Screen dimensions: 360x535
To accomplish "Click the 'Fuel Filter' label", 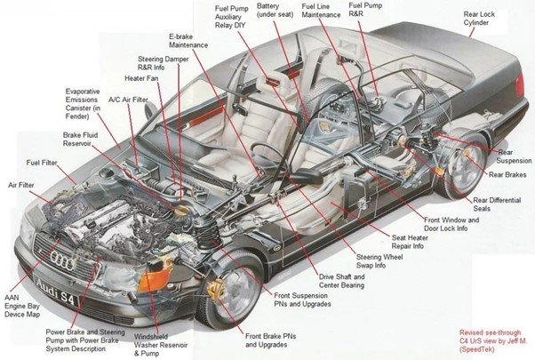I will pyautogui.click(x=43, y=163).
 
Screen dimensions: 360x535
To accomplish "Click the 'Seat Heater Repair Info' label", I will pyautogui.click(x=417, y=242).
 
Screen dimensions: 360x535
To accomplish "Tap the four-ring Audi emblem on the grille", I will pyautogui.click(x=63, y=260).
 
